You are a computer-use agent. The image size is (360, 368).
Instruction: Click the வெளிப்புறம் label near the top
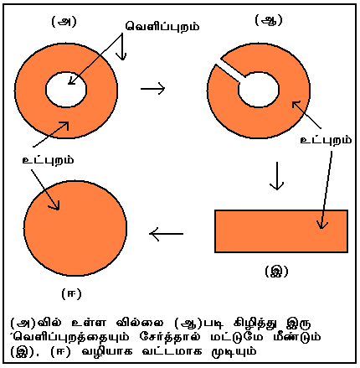click(x=162, y=26)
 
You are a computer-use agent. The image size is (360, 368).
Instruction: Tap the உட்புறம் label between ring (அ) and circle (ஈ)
click(x=43, y=158)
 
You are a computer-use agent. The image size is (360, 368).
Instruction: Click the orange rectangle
click(x=281, y=230)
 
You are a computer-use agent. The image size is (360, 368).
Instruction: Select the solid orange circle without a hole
click(x=76, y=228)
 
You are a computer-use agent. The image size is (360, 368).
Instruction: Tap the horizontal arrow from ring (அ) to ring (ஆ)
click(x=153, y=87)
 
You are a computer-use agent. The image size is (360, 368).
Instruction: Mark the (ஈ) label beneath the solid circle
click(x=71, y=293)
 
